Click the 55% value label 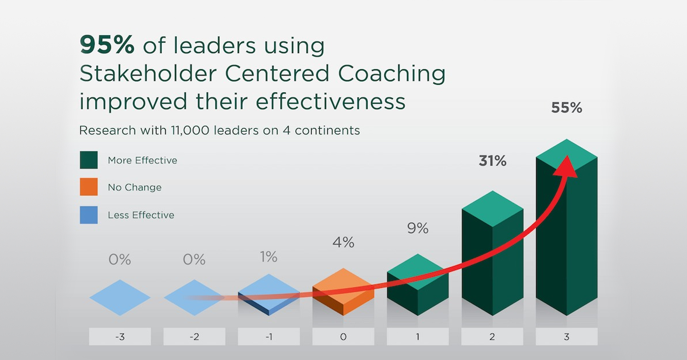tap(566, 107)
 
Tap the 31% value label tap(492, 161)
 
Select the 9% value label tap(418, 228)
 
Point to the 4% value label tap(343, 242)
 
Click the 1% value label tap(269, 257)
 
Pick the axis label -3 tap(120, 337)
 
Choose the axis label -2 tap(194, 337)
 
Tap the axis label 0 tap(343, 337)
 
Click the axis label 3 tap(566, 337)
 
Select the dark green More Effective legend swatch tap(89, 160)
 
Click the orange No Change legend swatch tap(89, 187)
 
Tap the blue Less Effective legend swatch tap(89, 215)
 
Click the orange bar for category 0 tap(343, 292)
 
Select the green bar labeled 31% tap(492, 253)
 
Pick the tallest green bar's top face tap(566, 155)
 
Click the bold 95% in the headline tap(107, 45)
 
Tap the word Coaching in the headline tap(392, 74)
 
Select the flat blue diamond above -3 tap(120, 297)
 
